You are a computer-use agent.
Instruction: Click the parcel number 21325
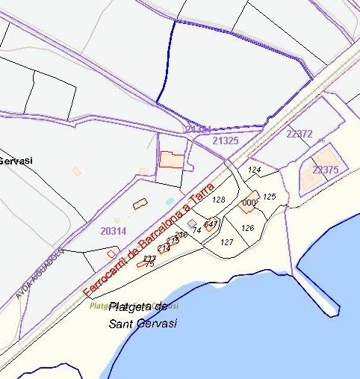225,140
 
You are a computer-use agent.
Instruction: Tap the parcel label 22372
299,134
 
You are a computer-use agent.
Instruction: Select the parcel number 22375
326,170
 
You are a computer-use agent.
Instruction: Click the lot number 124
255,170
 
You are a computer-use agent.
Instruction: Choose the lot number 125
270,197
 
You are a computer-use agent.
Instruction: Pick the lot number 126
249,228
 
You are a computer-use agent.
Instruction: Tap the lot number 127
227,242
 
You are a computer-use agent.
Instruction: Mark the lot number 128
219,200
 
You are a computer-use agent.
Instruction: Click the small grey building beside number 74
193,224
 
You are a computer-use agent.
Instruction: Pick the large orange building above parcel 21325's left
173,160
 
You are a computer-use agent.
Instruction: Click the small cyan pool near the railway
170,201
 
